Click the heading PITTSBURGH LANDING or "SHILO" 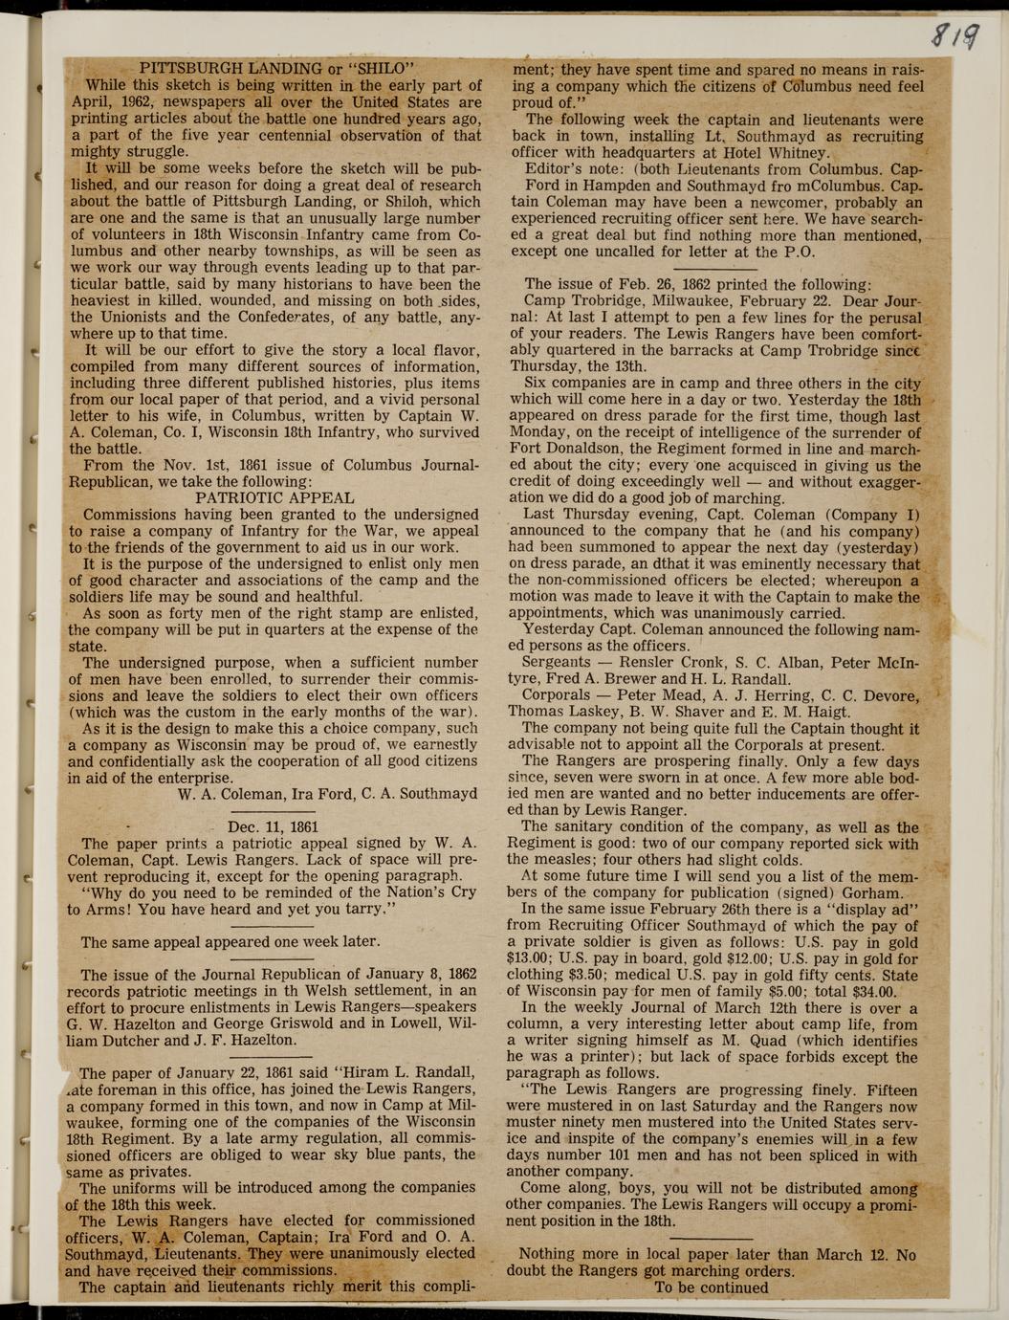275,68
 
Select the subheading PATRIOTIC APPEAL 274,497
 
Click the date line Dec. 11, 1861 274,826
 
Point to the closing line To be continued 711,1287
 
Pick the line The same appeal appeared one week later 230,942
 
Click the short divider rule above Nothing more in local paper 711,1239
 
